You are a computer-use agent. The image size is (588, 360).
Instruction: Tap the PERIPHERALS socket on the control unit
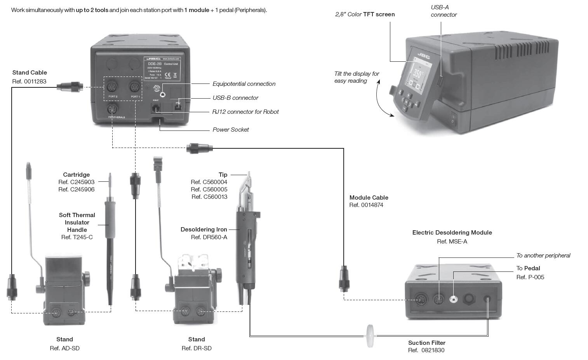coord(112,109)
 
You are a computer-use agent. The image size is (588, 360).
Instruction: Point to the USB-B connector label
coord(235,98)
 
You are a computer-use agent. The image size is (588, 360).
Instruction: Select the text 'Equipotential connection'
coord(244,84)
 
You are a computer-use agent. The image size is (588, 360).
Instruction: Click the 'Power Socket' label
coord(231,130)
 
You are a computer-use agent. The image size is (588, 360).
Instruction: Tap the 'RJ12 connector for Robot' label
coord(245,112)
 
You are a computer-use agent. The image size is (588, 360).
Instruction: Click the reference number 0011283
coord(35,82)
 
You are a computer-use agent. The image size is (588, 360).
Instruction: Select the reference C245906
coord(77,190)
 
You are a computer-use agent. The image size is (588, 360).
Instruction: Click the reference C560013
coord(209,197)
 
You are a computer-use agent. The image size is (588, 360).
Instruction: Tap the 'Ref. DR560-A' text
coord(209,237)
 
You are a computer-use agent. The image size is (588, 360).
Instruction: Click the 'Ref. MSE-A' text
coord(452,242)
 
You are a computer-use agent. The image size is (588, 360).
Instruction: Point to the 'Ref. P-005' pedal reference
coord(530,277)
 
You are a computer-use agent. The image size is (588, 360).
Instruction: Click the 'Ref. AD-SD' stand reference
coord(64,348)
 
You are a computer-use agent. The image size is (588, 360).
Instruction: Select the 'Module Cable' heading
coord(369,198)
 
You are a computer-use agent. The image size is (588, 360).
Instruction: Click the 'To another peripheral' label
coord(543,256)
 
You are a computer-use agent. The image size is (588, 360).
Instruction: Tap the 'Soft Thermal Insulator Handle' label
coord(77,223)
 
